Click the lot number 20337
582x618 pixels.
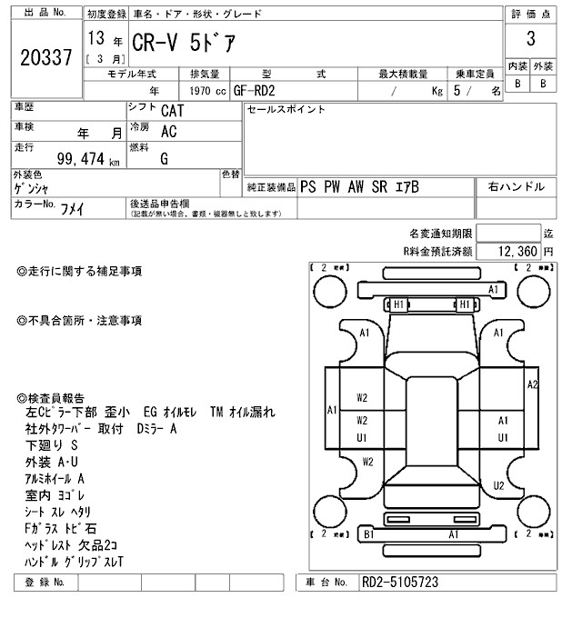click(45, 58)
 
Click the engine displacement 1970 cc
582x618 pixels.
click(206, 91)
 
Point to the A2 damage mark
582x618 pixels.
click(533, 384)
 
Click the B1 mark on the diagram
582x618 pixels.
click(368, 535)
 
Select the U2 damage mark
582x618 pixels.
click(498, 486)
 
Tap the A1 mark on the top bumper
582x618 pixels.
click(494, 289)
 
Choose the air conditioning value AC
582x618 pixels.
click(168, 133)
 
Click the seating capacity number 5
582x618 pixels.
click(457, 91)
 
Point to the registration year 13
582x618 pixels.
click(95, 40)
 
